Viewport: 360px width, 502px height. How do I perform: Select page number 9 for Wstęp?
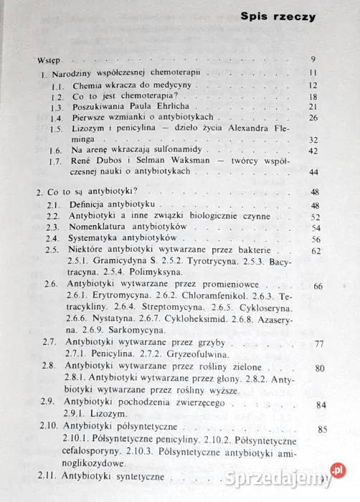click(x=313, y=59)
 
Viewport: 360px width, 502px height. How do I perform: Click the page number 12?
click(x=313, y=84)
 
